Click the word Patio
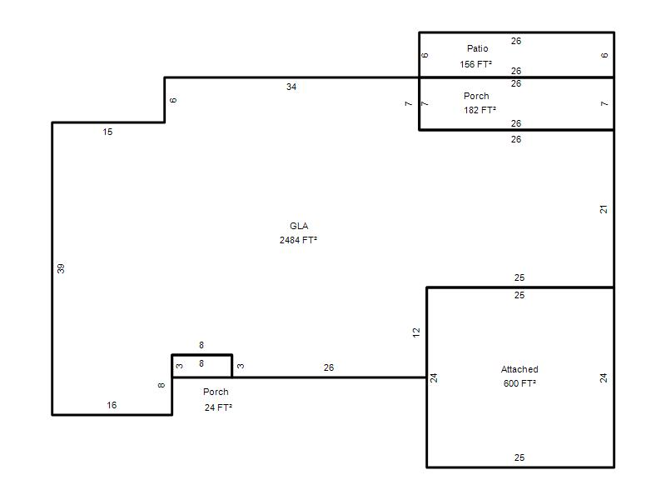(x=477, y=49)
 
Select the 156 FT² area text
(x=476, y=64)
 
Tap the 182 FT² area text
(x=480, y=110)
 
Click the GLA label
(x=299, y=226)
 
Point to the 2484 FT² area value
(x=298, y=240)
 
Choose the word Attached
(x=519, y=369)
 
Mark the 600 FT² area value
(x=519, y=383)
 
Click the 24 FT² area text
(x=218, y=407)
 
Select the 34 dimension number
(x=291, y=87)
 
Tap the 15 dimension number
(x=107, y=132)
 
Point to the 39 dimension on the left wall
(x=61, y=268)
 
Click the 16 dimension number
(x=112, y=405)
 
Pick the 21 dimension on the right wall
(x=604, y=209)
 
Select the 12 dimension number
(x=416, y=332)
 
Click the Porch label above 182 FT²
(x=476, y=96)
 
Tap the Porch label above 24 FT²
(x=216, y=392)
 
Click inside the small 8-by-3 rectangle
(x=201, y=366)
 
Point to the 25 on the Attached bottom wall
(x=519, y=457)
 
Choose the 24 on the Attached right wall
(x=604, y=377)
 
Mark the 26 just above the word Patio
(x=516, y=40)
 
